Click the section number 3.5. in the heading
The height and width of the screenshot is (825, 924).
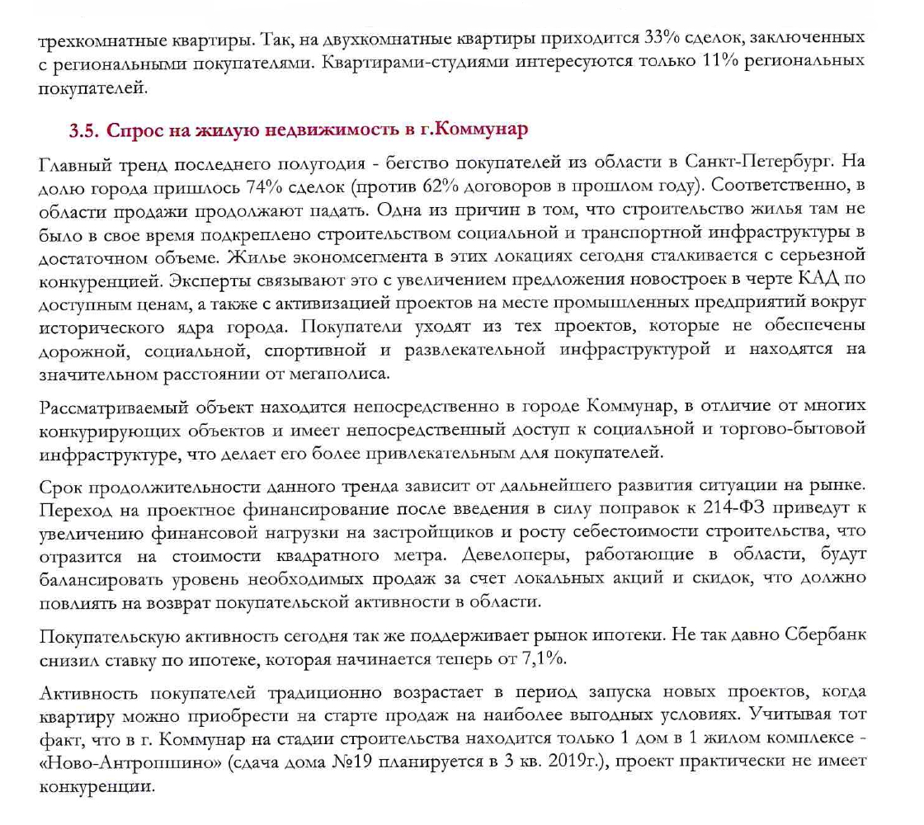click(82, 130)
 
